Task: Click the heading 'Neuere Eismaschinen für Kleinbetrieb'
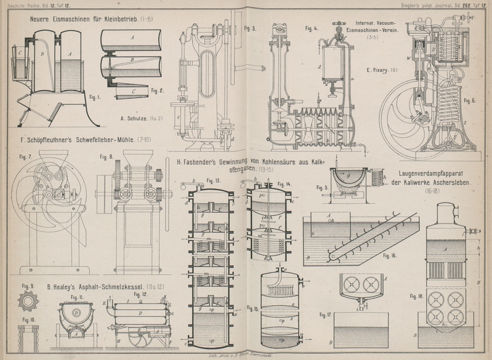pyautogui.click(x=90, y=19)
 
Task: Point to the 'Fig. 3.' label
pyautogui.click(x=250, y=28)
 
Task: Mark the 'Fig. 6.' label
pyautogui.click(x=470, y=100)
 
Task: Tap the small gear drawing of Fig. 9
pyautogui.click(x=26, y=302)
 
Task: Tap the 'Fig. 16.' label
pyautogui.click(x=390, y=254)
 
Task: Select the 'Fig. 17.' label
pyautogui.click(x=326, y=314)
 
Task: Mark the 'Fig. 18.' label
pyautogui.click(x=416, y=296)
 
